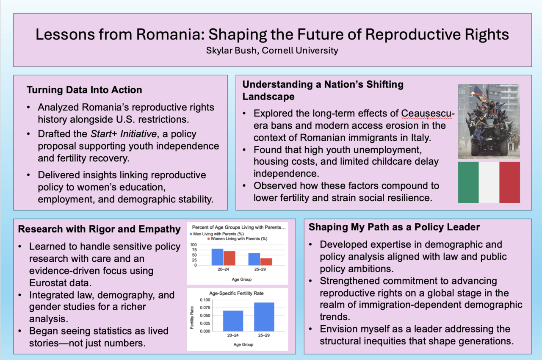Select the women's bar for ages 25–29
[x=266, y=261]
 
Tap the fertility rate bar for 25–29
[x=264, y=317]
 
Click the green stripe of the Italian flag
[x=468, y=182]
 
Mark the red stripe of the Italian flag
[x=509, y=182]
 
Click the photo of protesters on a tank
[x=489, y=121]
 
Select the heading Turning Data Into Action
[x=84, y=90]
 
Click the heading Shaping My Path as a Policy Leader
[x=394, y=227]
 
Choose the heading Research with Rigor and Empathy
[x=99, y=229]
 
